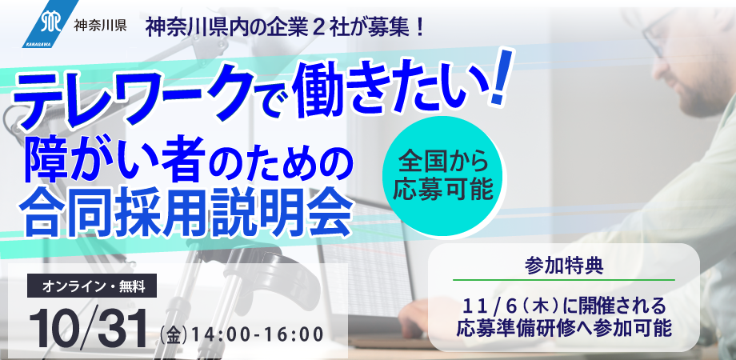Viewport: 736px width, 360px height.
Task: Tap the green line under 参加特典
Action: [565, 279]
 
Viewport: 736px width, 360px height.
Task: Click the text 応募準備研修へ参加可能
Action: [565, 327]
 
